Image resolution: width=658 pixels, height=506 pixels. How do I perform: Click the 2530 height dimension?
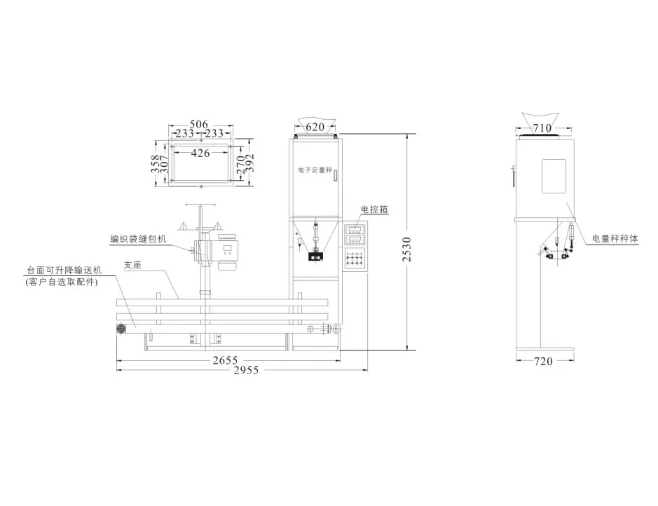click(x=406, y=249)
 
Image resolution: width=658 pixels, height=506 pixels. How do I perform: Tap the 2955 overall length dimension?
click(x=247, y=370)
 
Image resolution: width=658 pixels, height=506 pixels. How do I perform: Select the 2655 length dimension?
click(x=225, y=360)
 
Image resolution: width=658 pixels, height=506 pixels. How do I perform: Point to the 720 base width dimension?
click(x=543, y=361)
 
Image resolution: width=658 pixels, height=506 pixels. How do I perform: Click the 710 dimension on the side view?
click(x=542, y=128)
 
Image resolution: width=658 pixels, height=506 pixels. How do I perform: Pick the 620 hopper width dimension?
click(x=315, y=127)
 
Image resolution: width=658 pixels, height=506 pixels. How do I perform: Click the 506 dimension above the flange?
click(x=198, y=124)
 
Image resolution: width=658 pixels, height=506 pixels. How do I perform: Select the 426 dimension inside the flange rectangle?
click(x=200, y=153)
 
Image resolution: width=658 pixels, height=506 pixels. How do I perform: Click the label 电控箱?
click(x=375, y=209)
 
